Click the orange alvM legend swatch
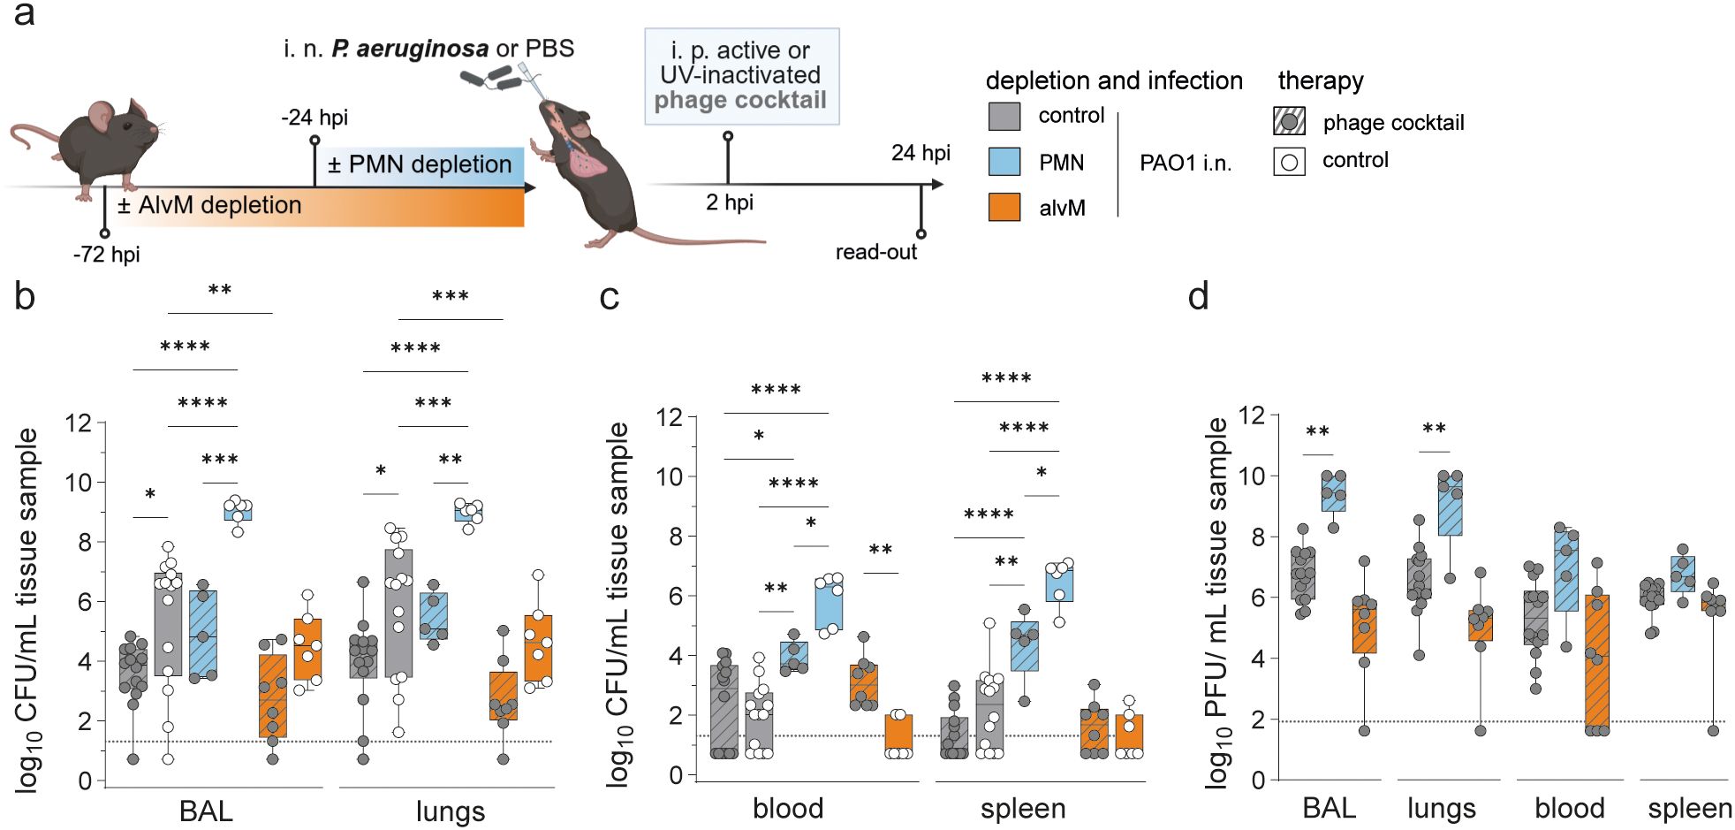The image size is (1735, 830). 1004,207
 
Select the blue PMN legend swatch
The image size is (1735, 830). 1004,162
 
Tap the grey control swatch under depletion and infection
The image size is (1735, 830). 1004,116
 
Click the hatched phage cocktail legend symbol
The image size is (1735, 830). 1289,121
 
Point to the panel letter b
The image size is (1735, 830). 25,297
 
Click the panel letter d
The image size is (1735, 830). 1198,297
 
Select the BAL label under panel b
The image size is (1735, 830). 206,811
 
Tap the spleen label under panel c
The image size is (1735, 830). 1023,808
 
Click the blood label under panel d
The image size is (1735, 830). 1569,808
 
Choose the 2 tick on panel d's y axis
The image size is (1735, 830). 1258,720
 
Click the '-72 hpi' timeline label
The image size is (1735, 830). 106,255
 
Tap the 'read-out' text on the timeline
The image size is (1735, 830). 875,252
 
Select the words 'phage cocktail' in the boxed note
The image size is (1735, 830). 740,101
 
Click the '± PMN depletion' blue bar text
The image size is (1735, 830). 419,164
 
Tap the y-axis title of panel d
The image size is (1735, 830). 1216,601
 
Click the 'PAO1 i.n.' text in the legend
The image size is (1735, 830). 1185,163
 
